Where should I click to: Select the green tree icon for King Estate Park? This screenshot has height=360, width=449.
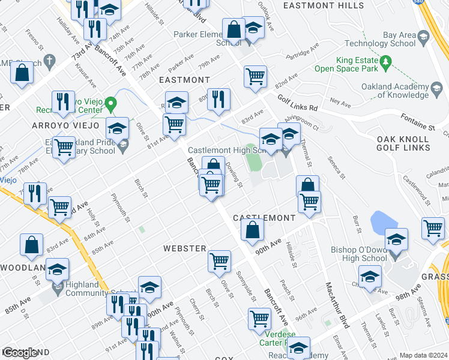tap(386, 61)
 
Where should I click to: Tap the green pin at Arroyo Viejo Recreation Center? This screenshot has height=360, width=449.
tap(110, 104)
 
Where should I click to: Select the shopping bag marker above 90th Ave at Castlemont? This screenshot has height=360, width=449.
tap(253, 230)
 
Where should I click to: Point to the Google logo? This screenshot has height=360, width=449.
tap(20, 353)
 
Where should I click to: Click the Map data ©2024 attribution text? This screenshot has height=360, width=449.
tap(424, 355)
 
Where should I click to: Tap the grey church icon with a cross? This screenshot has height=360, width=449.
tap(49, 61)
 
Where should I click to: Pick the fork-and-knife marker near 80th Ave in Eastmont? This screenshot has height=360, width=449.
tap(219, 99)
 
